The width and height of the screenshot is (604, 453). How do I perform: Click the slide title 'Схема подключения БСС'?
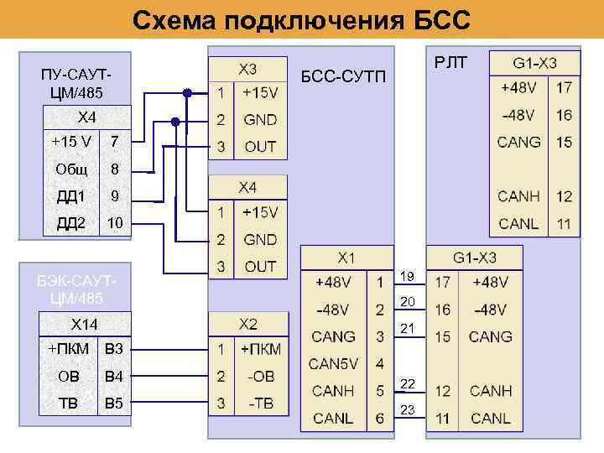(302, 18)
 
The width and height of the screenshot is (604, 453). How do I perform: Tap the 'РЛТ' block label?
(451, 60)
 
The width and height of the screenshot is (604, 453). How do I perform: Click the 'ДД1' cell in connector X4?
(71, 197)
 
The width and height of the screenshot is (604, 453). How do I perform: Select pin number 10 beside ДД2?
(115, 224)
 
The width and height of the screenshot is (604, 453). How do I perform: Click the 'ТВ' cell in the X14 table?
(69, 404)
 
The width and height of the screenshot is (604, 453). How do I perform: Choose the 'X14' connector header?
(83, 324)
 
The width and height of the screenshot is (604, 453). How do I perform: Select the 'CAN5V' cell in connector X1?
(333, 363)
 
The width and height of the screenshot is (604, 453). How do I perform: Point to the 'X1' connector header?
(346, 258)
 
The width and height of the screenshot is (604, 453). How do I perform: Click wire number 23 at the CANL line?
(408, 409)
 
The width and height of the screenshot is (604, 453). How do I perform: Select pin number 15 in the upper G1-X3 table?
(564, 142)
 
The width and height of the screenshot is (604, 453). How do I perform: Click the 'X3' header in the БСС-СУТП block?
(247, 68)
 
